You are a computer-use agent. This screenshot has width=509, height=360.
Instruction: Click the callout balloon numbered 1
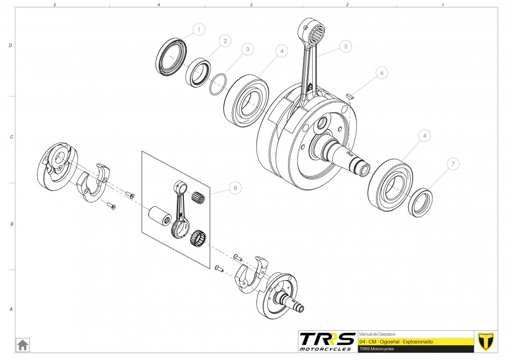[199, 30]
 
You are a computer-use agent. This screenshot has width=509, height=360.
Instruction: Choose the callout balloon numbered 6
[381, 73]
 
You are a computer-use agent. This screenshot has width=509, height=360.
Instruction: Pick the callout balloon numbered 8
[235, 188]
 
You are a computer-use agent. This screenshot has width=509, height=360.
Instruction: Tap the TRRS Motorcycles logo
[327, 341]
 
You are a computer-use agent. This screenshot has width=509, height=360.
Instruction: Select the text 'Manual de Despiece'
[377, 334]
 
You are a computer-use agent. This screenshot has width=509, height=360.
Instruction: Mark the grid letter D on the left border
[10, 45]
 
